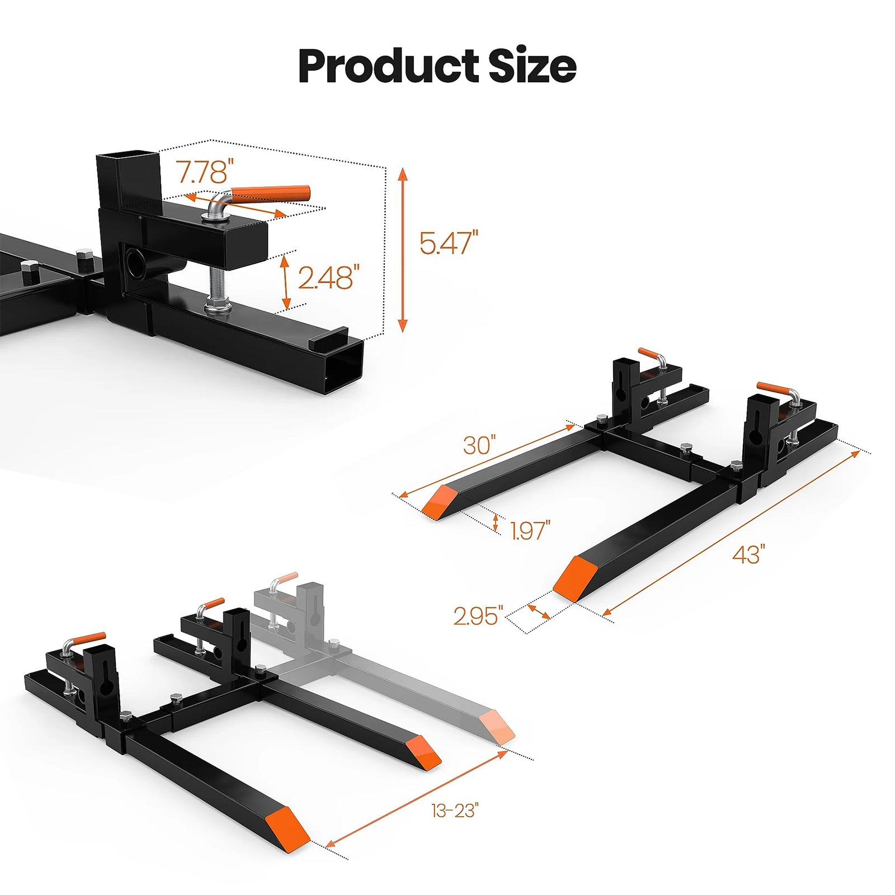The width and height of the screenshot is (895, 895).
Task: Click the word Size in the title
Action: [532, 66]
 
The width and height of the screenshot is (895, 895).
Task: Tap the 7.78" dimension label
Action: [205, 172]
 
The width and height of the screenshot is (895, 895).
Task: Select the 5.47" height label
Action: [449, 243]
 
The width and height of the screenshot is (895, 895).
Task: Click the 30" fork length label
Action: [479, 445]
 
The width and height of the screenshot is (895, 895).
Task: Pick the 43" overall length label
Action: [748, 554]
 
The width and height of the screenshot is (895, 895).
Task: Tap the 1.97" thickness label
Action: [530, 530]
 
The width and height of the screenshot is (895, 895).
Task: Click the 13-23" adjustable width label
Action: [455, 810]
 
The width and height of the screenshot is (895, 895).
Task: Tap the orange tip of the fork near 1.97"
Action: [439, 501]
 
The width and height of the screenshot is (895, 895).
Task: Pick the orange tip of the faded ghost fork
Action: [499, 727]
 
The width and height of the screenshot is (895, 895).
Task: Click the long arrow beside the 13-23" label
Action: [417, 805]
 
